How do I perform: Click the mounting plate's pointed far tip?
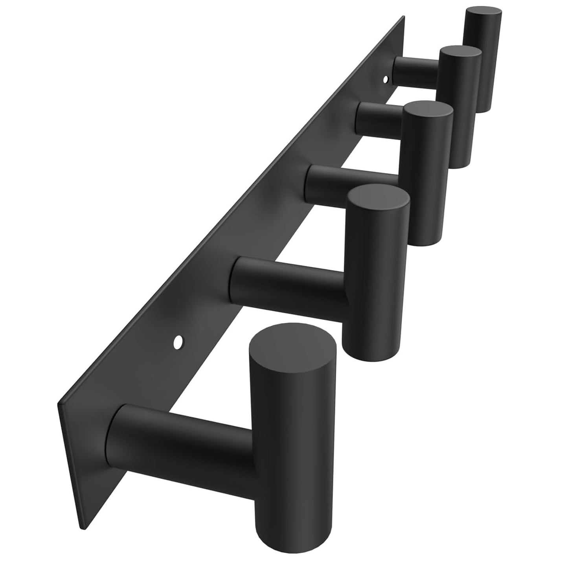tap(403, 18)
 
